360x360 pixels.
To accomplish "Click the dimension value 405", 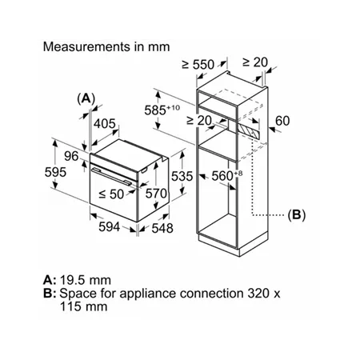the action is tap(105, 123).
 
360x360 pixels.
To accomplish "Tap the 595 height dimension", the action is tap(55, 172).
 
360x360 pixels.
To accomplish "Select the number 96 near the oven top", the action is tap(71, 156).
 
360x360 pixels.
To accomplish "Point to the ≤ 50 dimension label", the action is tap(111, 194).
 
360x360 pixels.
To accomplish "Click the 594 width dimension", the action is tap(110, 227).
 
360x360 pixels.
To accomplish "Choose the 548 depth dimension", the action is tap(162, 228).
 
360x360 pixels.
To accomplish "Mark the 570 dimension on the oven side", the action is tap(156, 194).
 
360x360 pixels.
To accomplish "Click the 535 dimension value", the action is tap(182, 176).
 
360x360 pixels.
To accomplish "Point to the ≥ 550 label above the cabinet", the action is tap(198, 64).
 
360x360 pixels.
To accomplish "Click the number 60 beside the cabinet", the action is tap(282, 121).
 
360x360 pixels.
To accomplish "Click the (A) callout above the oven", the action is tap(86, 98).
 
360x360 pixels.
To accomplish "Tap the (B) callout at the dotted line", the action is tap(297, 214).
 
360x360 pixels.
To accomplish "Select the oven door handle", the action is tap(111, 176).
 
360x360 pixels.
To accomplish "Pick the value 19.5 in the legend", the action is tap(71, 280).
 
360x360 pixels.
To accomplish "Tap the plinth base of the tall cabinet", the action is tap(233, 244).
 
